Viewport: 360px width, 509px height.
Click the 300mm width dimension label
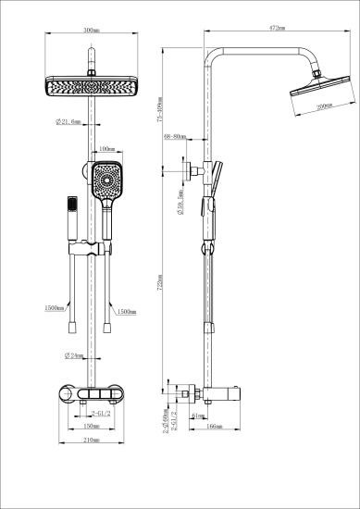90,31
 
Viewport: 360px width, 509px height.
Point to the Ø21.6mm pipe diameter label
69,122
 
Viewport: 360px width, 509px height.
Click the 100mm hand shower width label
106,149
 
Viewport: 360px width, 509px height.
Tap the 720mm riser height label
160,278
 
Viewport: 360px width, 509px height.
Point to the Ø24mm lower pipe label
74,356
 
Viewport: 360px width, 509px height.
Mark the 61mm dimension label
199,416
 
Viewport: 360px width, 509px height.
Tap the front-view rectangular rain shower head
90,87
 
